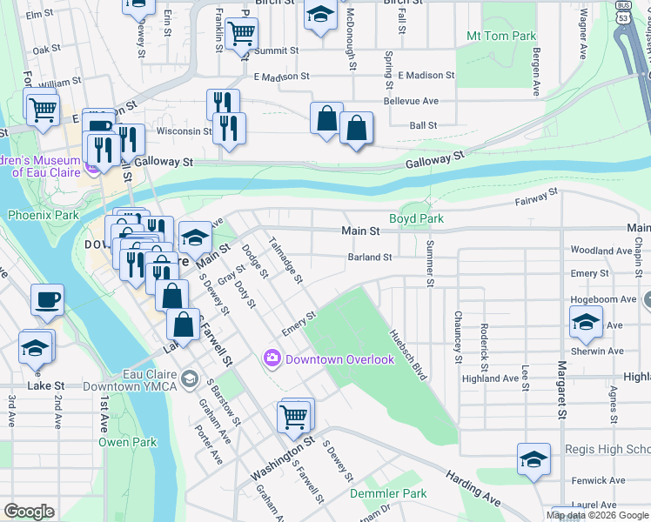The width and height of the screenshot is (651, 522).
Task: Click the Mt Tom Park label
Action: coord(501,36)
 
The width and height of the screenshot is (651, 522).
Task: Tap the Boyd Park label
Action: coord(410,218)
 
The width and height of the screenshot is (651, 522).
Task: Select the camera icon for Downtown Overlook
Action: coord(272,358)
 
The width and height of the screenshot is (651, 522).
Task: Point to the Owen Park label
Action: coord(127,442)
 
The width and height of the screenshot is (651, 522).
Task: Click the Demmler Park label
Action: coord(388,493)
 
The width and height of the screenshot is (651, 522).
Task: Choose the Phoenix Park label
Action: coord(44,214)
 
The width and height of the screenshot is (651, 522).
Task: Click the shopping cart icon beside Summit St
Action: coord(241,33)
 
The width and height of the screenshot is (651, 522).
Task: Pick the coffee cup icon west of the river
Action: coord(48,298)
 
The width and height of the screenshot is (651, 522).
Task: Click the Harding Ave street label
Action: coord(473,489)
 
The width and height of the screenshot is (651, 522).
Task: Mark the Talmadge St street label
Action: coord(285,261)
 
